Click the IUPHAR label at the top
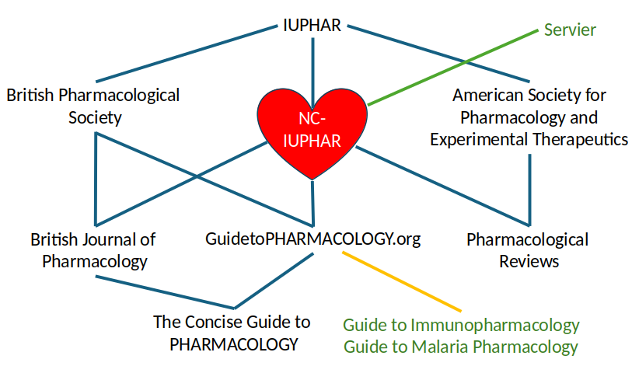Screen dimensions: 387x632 (311, 25)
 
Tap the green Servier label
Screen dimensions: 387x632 (570, 30)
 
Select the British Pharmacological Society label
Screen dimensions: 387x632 (93, 106)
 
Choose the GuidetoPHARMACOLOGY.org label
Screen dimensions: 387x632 (313, 239)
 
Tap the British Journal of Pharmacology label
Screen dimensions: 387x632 (93, 249)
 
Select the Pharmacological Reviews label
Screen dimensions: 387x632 (527, 249)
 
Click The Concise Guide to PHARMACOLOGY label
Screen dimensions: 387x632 (232, 332)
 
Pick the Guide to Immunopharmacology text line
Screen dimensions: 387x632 (461, 324)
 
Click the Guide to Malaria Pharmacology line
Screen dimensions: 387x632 (461, 346)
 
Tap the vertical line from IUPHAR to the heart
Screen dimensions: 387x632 (313, 62)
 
